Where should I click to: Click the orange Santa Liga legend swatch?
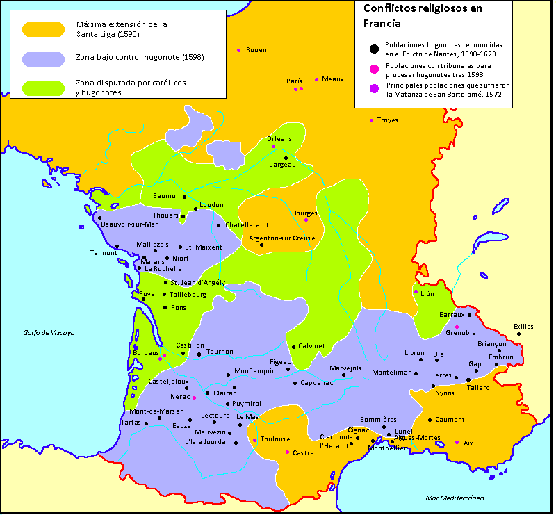[x=43, y=30]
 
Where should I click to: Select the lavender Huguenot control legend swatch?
[x=43, y=59]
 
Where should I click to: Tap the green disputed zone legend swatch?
[x=43, y=88]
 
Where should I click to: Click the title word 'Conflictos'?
[x=392, y=9]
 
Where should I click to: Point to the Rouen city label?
[x=256, y=50]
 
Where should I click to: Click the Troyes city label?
[x=387, y=120]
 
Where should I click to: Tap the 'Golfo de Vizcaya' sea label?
[x=48, y=333]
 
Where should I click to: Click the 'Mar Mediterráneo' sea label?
[x=455, y=498]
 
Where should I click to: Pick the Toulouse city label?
[x=275, y=439]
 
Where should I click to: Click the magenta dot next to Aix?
[x=457, y=443]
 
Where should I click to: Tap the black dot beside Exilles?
[x=518, y=334]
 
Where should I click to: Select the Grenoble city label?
[x=461, y=333]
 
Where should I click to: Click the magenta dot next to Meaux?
[x=316, y=79]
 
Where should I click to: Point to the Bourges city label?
[x=304, y=213]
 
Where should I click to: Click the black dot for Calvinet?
[x=293, y=346]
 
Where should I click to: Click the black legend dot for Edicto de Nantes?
[x=375, y=48]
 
